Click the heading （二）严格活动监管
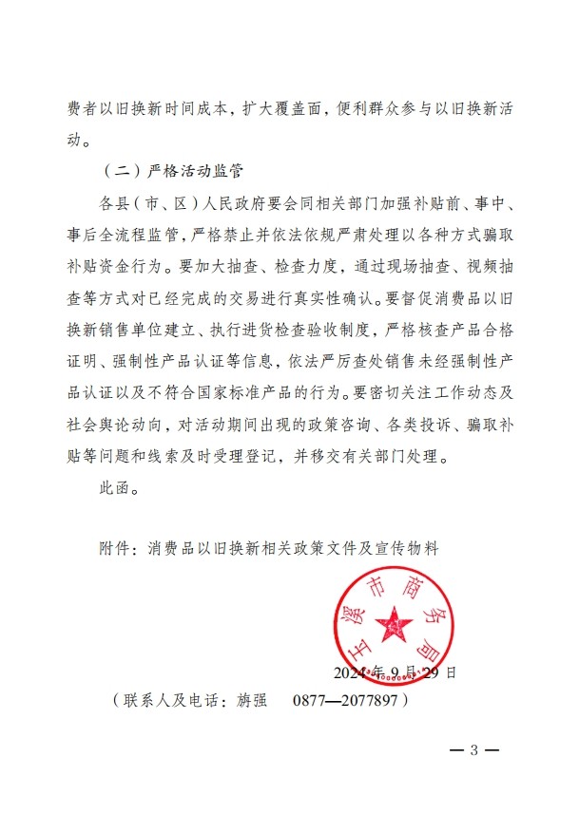[x=171, y=172]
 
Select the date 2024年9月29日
[x=395, y=672]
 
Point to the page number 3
[x=473, y=749]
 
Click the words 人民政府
[x=238, y=203]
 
